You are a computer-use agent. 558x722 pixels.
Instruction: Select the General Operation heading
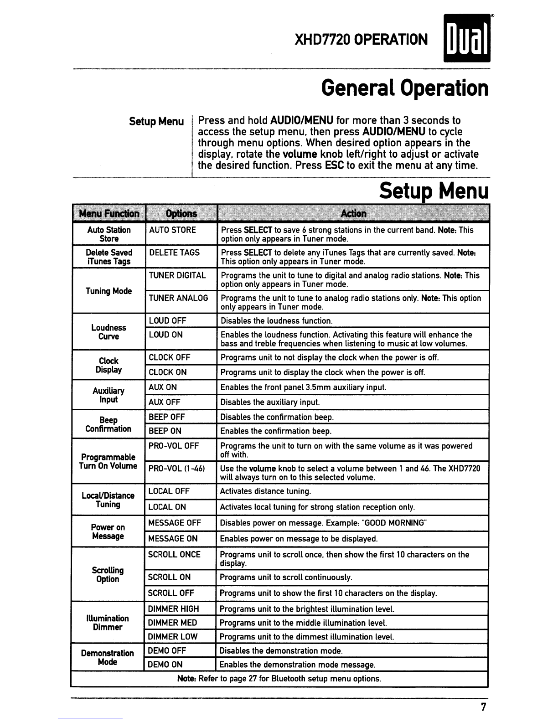[405, 88]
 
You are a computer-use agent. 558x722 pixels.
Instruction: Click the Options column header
[181, 213]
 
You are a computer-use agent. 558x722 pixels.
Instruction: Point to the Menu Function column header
[109, 213]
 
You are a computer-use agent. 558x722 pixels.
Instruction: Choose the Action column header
[353, 213]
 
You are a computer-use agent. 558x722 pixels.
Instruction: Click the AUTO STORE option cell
[172, 230]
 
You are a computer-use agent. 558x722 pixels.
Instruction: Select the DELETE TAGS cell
[174, 253]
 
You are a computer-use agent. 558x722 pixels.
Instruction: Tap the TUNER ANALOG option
[178, 298]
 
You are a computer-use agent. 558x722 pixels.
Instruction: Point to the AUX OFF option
[165, 402]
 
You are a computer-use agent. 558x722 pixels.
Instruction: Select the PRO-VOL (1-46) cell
[176, 469]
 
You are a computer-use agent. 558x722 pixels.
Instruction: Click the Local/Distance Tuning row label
[108, 500]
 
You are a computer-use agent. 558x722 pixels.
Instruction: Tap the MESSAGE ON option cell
[173, 539]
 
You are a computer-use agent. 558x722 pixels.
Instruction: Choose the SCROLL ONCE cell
[174, 555]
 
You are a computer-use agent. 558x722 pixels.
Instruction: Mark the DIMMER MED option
[172, 623]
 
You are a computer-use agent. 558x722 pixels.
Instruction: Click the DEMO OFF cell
[167, 651]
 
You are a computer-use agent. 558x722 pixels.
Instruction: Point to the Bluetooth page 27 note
[279, 679]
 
